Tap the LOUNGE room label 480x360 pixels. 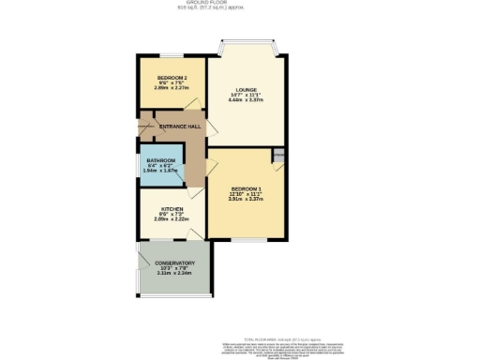[x=247, y=90]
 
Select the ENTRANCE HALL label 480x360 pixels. [x=178, y=126]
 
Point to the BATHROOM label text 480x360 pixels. [x=160, y=160]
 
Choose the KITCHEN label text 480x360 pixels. [x=172, y=208]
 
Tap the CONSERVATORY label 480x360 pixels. [x=175, y=262]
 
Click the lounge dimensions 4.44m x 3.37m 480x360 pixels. [x=247, y=100]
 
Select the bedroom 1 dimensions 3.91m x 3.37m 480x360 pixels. [x=246, y=199]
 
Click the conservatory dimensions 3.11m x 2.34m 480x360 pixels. [x=175, y=273]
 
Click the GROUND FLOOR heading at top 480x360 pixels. [x=240, y=4]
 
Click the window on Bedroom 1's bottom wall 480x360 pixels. [x=246, y=237]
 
